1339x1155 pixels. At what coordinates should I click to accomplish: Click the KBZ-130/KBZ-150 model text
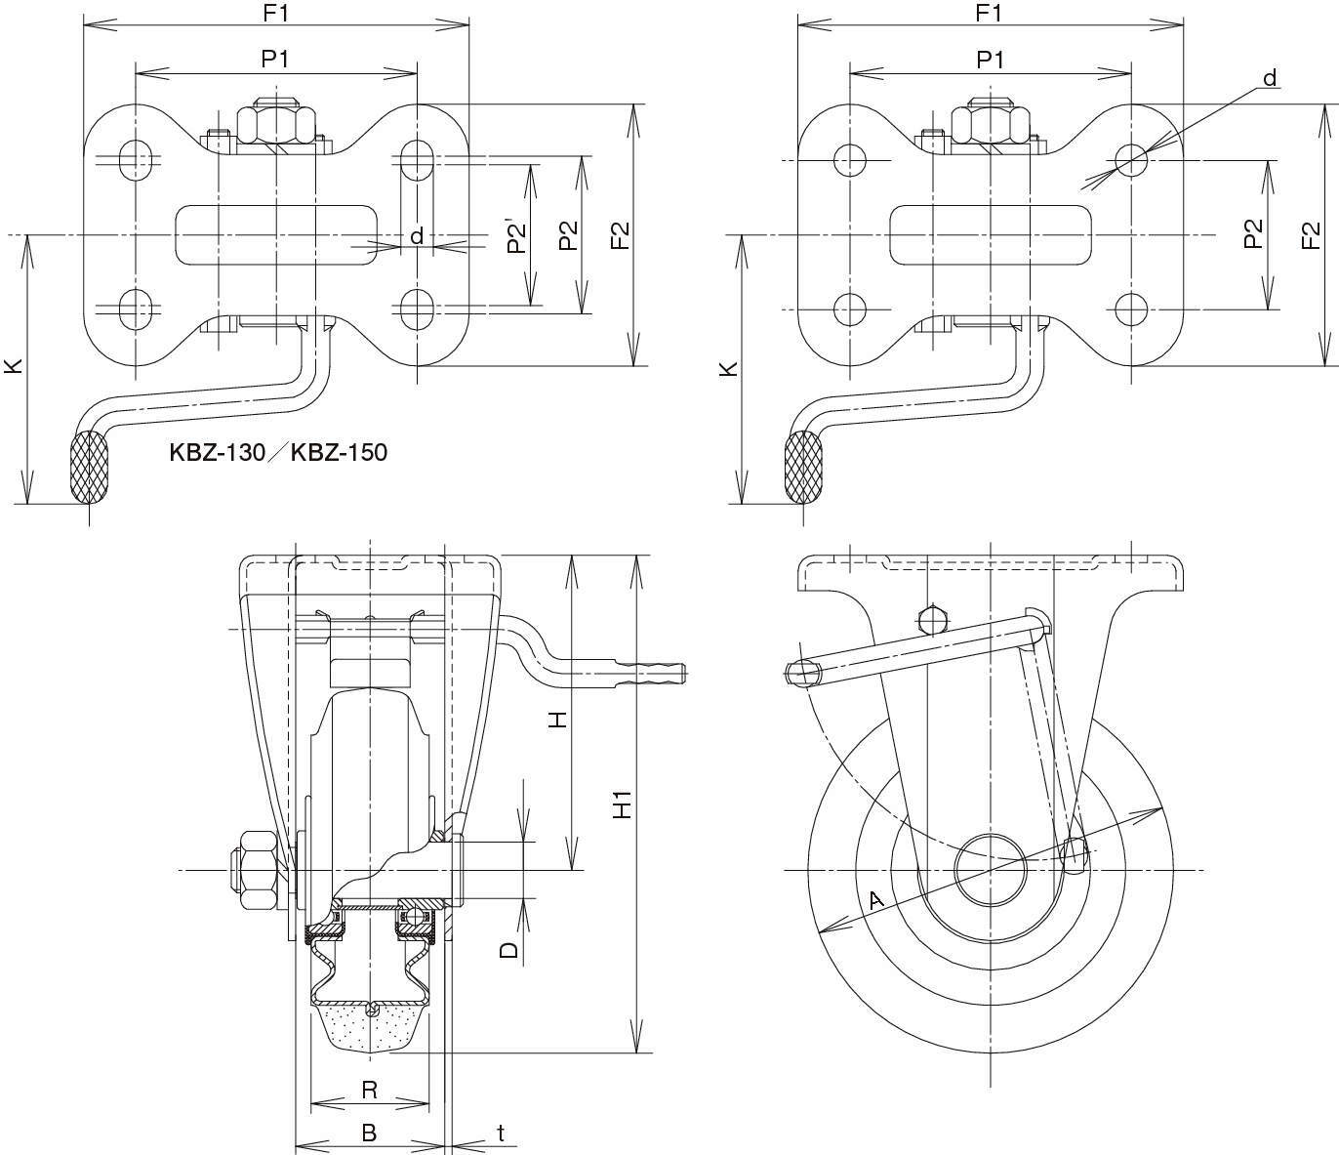[278, 452]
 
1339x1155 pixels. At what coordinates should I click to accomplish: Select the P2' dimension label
[517, 238]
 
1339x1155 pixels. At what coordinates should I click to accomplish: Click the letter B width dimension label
[369, 1133]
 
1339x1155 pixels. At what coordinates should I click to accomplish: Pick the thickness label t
[501, 1133]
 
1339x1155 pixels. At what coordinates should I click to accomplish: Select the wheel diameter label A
[875, 899]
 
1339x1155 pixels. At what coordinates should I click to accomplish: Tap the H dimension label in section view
[556, 720]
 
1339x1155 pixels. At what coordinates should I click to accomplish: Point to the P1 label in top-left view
[275, 60]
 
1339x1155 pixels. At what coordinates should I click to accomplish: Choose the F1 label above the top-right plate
[990, 13]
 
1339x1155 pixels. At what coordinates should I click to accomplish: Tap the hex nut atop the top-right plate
[991, 121]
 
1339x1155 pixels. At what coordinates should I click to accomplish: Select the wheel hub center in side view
[990, 869]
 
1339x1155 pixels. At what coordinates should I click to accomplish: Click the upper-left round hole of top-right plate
[851, 159]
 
